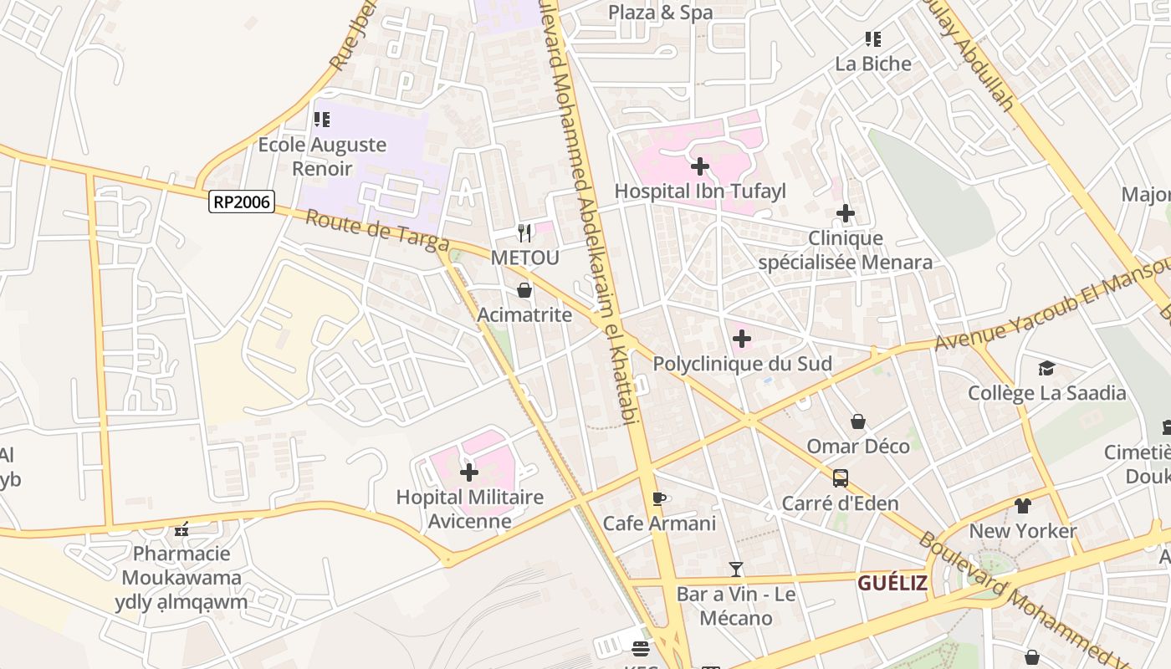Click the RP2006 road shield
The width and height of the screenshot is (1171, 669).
[x=242, y=202]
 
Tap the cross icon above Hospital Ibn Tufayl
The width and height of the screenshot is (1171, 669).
[x=700, y=166]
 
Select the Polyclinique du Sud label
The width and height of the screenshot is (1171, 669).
[x=742, y=364]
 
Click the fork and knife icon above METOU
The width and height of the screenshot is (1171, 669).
[x=524, y=232]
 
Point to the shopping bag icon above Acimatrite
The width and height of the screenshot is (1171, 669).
[x=524, y=291]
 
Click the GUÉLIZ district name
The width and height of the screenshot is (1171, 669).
[x=892, y=583]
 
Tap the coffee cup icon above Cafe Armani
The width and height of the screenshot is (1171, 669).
[x=659, y=499]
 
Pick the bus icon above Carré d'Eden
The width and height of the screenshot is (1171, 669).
[x=840, y=478]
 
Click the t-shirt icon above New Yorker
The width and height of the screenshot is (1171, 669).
[x=1023, y=506]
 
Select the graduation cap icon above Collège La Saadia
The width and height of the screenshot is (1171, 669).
[x=1046, y=368]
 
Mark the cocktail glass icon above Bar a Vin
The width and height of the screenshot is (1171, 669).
[x=736, y=569]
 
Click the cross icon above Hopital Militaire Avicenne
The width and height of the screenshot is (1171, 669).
[x=469, y=472]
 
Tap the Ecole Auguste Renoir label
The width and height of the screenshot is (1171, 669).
[x=322, y=156]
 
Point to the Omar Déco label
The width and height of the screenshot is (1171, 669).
[x=857, y=446]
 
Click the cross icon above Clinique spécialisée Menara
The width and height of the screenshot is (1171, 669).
[x=846, y=213]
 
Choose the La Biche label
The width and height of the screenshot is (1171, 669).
[x=873, y=64]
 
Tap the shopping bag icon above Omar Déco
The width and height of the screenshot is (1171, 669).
[x=858, y=421]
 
